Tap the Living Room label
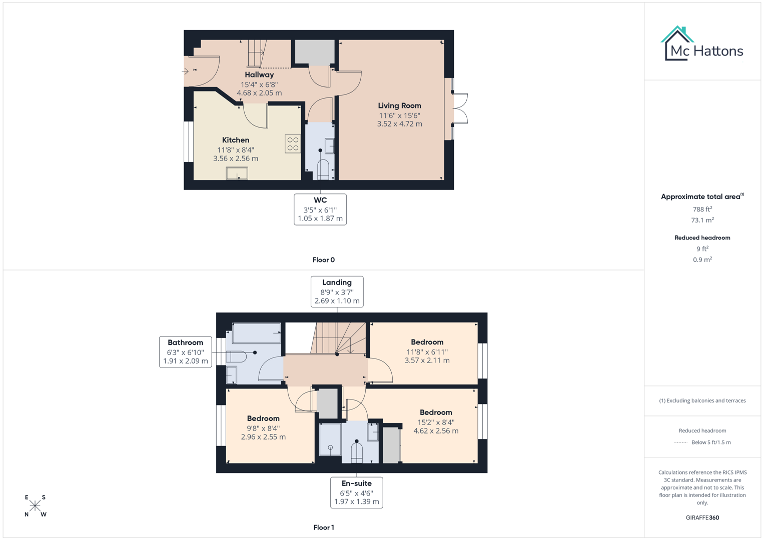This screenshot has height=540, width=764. (399, 105)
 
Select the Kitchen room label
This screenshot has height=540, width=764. (236, 140)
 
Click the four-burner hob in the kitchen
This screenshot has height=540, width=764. (293, 144)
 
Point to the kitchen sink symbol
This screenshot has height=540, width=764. (237, 173)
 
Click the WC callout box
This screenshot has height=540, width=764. (320, 209)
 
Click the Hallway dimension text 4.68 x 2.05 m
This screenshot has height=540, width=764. (259, 93)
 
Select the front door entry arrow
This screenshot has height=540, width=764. (185, 71)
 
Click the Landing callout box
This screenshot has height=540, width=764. (337, 291)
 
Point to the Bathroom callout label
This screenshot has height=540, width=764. (185, 342)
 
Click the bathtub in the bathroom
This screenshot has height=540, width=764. (256, 333)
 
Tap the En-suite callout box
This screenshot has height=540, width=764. (356, 492)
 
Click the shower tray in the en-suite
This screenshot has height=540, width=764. (330, 439)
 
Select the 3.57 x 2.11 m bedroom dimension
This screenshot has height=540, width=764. (427, 360)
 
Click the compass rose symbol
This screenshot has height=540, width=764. (35, 505)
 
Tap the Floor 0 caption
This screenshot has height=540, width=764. (324, 260)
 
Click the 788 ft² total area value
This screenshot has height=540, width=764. (702, 209)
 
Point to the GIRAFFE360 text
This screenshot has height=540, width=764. (702, 517)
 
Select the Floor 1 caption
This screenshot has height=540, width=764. (324, 527)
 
